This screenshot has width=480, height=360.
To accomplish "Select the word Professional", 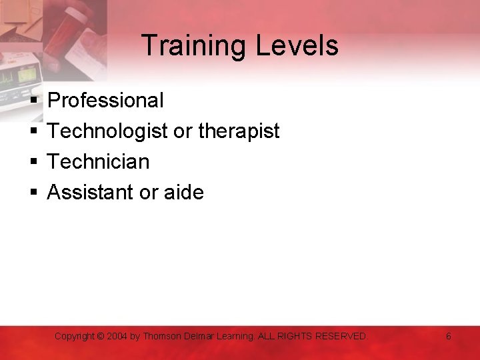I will click(x=105, y=101).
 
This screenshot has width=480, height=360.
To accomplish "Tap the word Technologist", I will click(x=107, y=131).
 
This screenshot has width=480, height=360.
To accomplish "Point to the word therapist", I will click(x=239, y=131).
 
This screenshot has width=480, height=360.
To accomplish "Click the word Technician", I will click(x=98, y=162).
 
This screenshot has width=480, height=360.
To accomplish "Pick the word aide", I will click(x=183, y=193).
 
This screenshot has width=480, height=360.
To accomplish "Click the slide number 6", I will click(x=449, y=337).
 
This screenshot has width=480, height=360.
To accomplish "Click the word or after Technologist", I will click(x=182, y=131).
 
